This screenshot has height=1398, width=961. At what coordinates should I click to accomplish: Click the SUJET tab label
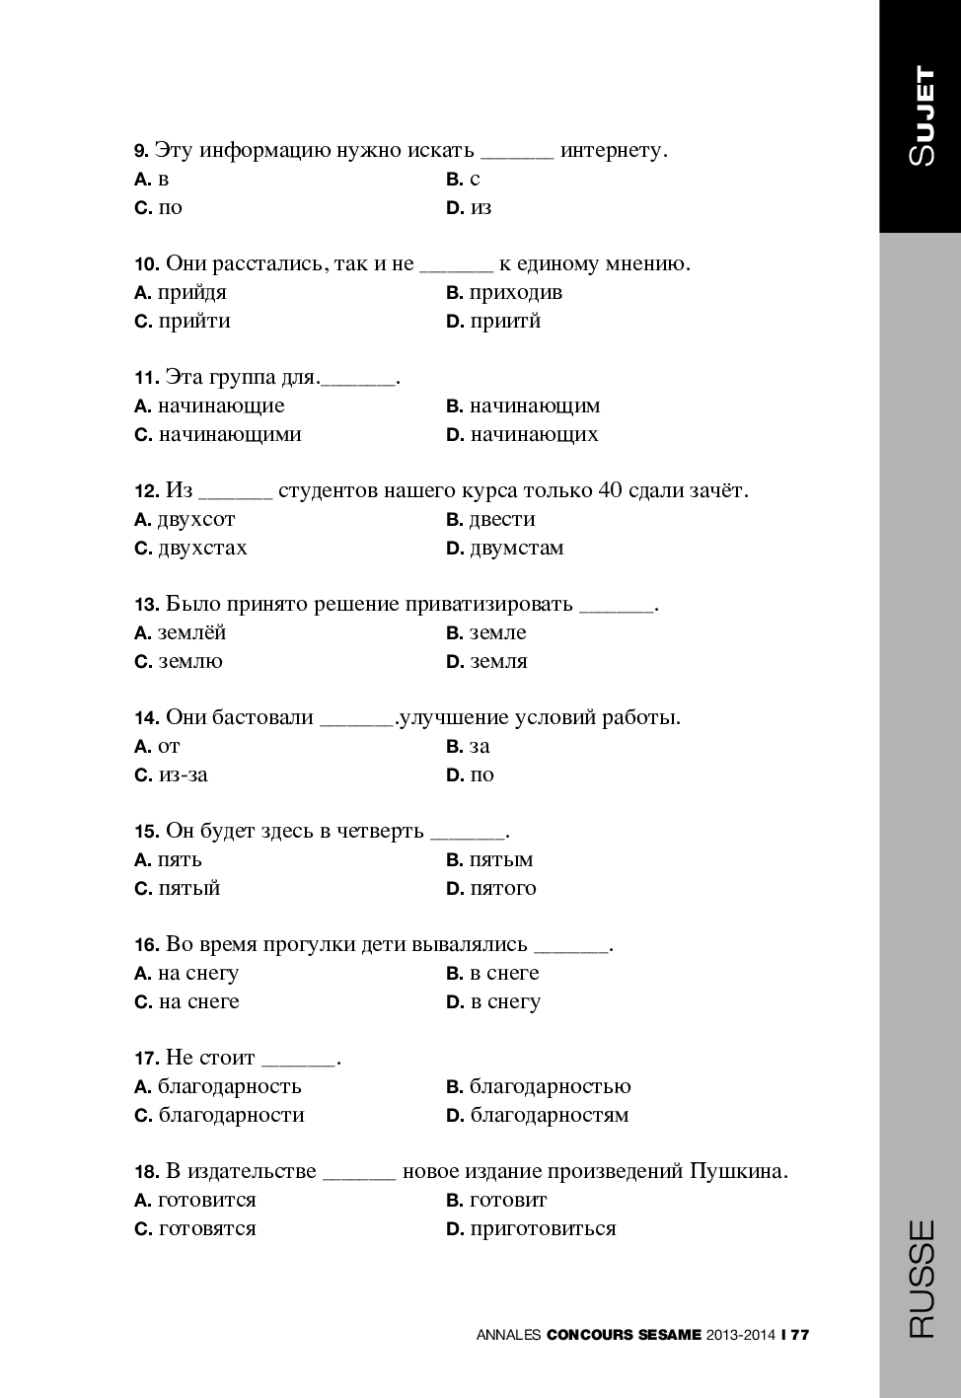tap(922, 116)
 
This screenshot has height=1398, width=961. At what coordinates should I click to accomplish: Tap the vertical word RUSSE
tap(921, 1279)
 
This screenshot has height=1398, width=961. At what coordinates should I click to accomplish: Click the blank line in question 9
tap(517, 152)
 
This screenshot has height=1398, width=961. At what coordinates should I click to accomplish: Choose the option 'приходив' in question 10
tap(515, 293)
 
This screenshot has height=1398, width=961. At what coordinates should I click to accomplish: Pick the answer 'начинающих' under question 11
tap(534, 435)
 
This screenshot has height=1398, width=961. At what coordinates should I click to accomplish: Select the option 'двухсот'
tap(196, 520)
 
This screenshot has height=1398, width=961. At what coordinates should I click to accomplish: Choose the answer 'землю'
tap(190, 662)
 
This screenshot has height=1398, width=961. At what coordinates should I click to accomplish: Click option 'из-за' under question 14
tap(183, 775)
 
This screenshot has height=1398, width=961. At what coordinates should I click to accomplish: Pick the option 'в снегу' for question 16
tap(505, 1002)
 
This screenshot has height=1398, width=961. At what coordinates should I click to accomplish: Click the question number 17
tap(146, 1059)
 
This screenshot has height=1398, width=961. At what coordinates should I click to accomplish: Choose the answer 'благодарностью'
tap(550, 1087)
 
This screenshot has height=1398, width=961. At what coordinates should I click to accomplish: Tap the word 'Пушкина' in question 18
tap(738, 1171)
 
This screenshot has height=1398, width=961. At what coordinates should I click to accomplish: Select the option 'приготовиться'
tap(543, 1229)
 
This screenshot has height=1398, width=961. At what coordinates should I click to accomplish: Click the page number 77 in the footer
tap(799, 1335)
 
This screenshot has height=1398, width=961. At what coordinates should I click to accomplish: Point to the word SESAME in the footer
tap(670, 1335)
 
